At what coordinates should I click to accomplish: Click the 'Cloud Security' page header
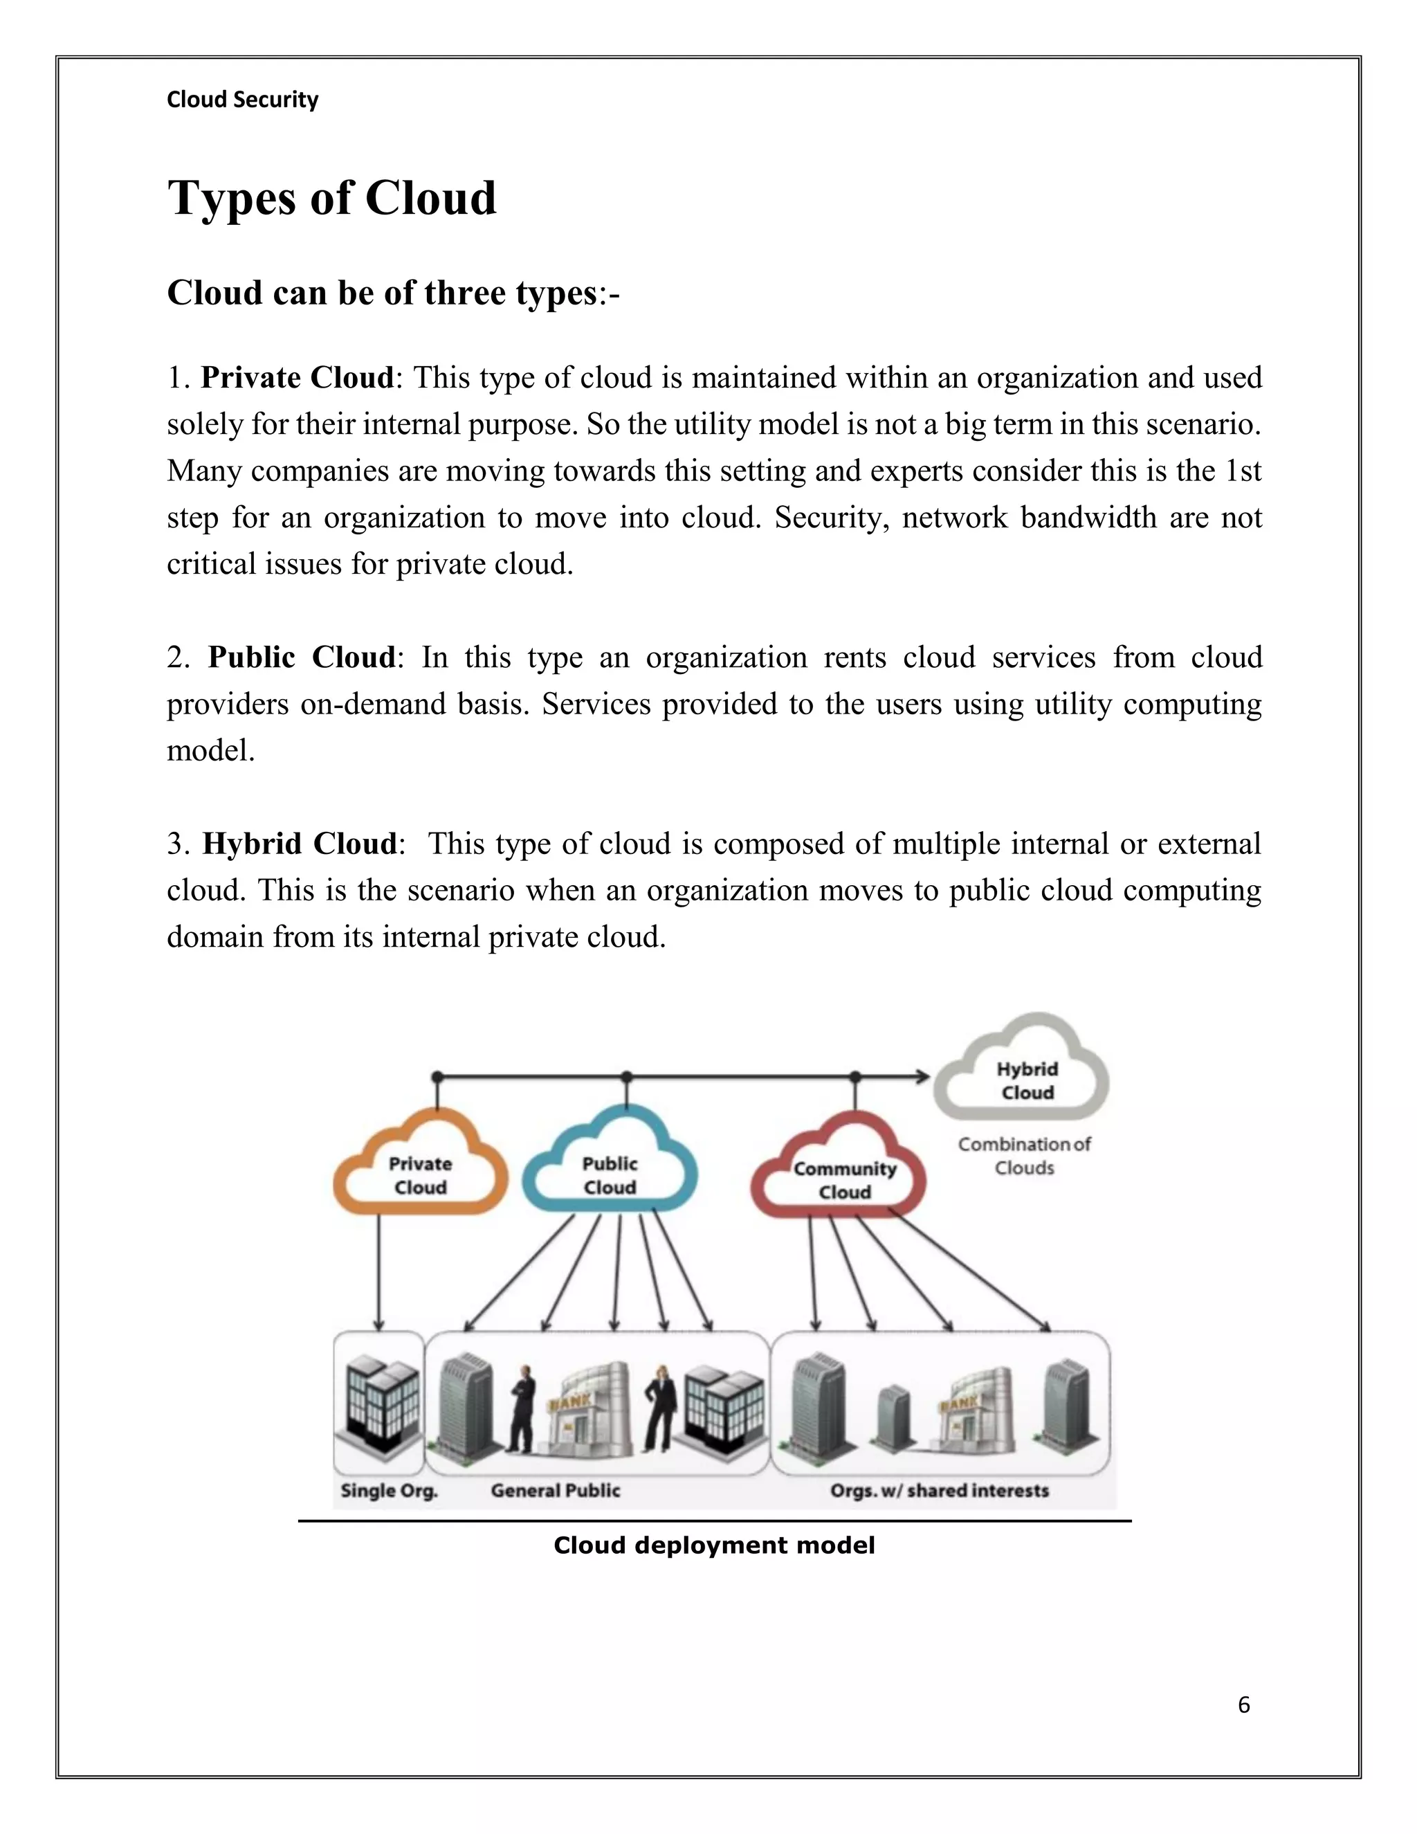click(243, 100)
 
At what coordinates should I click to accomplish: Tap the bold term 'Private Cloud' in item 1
click(296, 378)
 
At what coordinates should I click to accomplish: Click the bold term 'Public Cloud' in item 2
click(302, 657)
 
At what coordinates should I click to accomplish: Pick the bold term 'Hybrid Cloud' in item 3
click(299, 843)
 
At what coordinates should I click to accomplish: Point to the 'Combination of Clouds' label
click(1024, 1156)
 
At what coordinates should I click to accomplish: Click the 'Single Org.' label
click(389, 1491)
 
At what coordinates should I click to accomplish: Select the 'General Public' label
click(555, 1491)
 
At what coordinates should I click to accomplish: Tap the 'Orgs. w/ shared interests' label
click(940, 1491)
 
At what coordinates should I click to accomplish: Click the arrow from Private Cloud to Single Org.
click(378, 1272)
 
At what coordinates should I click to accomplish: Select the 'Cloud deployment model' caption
click(713, 1545)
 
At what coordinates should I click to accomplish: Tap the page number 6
click(1243, 1705)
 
